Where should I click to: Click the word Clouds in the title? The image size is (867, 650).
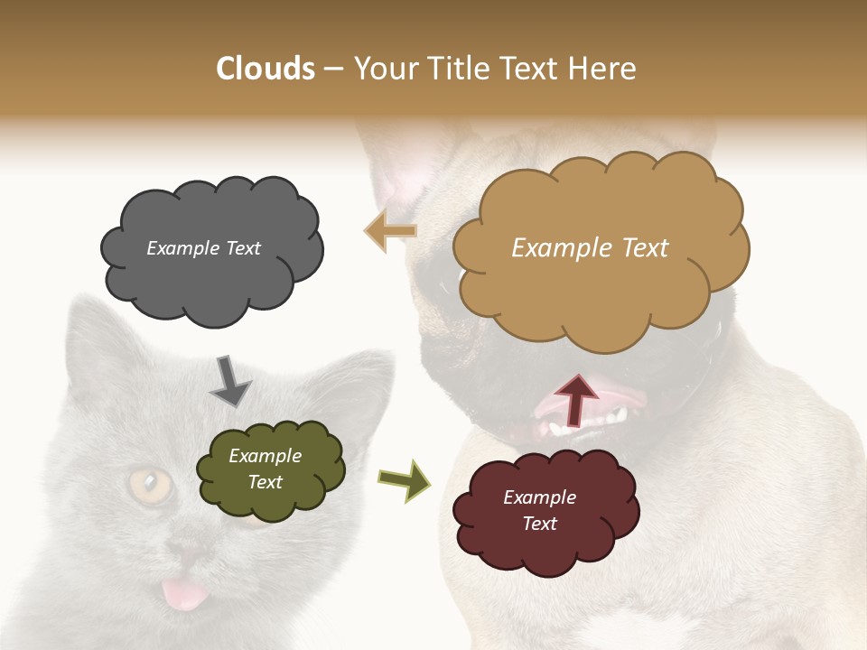click(x=266, y=69)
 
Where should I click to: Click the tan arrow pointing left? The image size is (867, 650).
click(x=389, y=231)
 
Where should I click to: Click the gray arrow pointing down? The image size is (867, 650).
click(x=229, y=380)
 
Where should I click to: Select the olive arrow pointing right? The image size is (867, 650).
click(x=405, y=479)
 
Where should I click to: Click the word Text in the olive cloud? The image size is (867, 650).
click(x=266, y=482)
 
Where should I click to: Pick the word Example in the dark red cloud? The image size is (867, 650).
click(x=539, y=497)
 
